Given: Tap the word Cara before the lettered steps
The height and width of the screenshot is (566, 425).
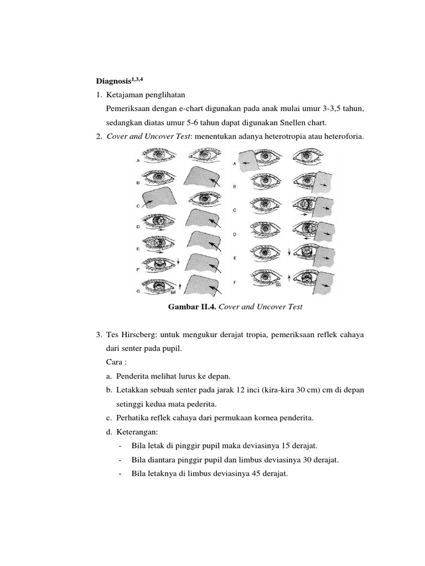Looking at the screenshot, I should click(114, 362).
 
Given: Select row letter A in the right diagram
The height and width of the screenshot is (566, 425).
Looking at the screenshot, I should click(236, 164).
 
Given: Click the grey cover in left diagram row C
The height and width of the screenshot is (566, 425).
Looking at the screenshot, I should click(157, 198).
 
